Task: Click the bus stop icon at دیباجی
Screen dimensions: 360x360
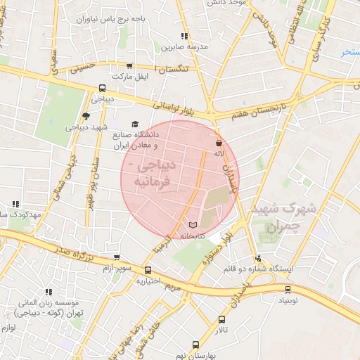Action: point(103,89)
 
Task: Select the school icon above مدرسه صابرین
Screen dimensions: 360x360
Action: point(184,36)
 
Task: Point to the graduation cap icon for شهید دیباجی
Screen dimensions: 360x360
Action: point(86,116)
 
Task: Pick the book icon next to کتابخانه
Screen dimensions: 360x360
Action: point(193,225)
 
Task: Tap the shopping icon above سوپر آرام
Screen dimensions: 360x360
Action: point(117,258)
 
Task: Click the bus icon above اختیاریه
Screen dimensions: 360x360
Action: point(148,270)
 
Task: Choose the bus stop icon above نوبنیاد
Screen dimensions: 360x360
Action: point(288,289)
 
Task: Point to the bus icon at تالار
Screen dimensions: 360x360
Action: point(222,320)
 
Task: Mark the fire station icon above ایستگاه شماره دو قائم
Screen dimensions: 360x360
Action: point(259,258)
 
